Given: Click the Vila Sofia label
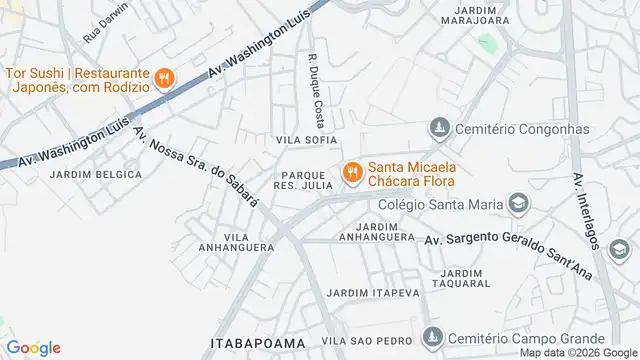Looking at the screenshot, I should tap(307, 140).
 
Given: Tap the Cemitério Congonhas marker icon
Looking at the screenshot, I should tap(438, 128).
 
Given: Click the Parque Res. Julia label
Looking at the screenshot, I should tap(300, 179).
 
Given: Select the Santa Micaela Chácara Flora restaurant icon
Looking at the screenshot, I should tap(352, 174).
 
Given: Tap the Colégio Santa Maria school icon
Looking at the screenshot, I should tap(517, 205).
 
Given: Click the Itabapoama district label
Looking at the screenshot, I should tap(257, 343).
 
